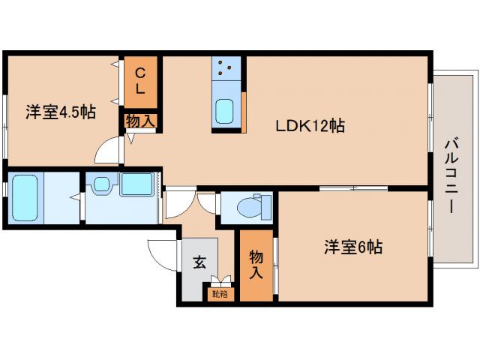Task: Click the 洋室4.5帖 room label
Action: click(60, 112)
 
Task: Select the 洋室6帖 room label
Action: click(352, 247)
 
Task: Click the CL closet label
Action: click(140, 79)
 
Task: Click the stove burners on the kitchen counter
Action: click(226, 70)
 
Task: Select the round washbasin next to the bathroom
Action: click(102, 184)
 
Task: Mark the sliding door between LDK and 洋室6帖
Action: click(352, 188)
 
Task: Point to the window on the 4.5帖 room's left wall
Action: click(5, 127)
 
